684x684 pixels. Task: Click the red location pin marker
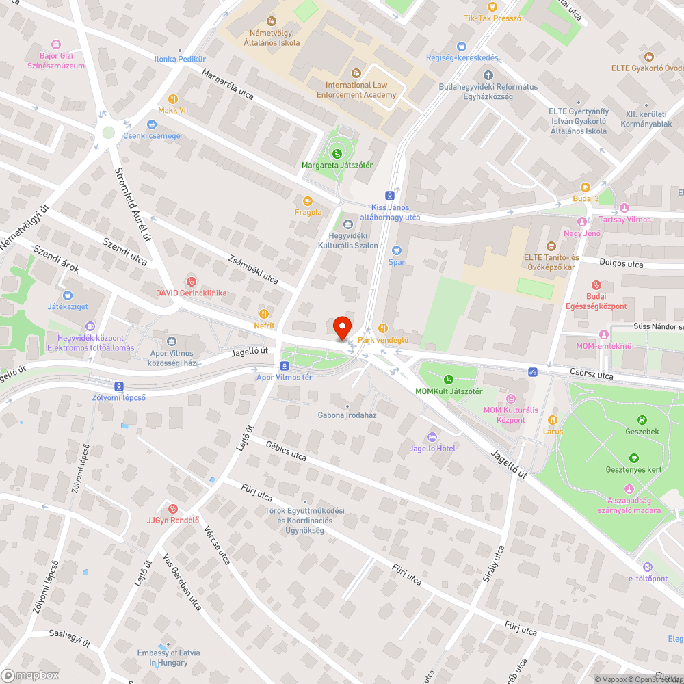tap(341, 328)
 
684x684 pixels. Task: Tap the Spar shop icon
tap(396, 251)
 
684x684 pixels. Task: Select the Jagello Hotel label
tap(432, 448)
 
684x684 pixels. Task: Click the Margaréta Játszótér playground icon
tap(337, 153)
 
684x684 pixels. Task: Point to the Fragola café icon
tap(308, 200)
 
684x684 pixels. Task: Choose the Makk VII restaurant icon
tap(172, 98)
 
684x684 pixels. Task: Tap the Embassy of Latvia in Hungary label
tap(168, 657)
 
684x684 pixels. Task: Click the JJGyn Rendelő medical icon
tap(172, 508)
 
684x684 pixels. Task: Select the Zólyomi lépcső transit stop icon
tap(119, 386)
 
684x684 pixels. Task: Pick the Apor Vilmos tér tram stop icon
tap(274, 367)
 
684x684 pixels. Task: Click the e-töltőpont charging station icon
tap(648, 567)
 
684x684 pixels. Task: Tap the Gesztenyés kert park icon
tap(633, 458)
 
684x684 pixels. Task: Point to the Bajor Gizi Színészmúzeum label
tap(62, 61)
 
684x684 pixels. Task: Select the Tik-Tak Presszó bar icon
tap(492, 7)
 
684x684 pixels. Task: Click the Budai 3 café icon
tap(586, 187)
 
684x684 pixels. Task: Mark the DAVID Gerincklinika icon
tap(192, 281)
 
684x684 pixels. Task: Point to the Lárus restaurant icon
tap(553, 420)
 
